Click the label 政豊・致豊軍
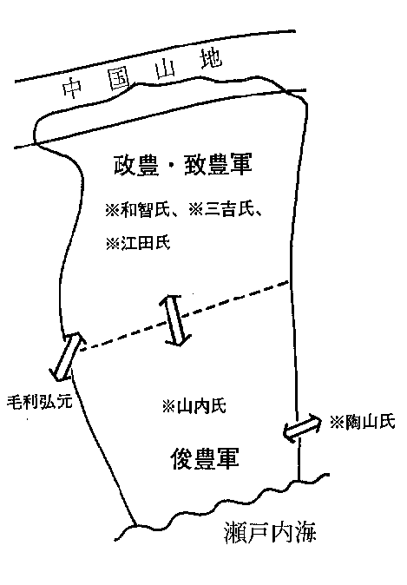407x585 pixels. (x=183, y=164)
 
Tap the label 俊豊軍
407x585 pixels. (x=205, y=458)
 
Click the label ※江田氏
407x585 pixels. (x=138, y=243)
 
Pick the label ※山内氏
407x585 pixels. (x=194, y=406)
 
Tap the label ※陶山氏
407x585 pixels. (x=362, y=422)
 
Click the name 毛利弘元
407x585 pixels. (x=39, y=402)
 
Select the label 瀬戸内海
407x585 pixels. (x=270, y=532)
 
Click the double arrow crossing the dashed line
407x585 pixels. (x=175, y=319)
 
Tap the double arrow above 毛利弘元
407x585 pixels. (x=67, y=357)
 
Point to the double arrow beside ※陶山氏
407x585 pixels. (x=302, y=428)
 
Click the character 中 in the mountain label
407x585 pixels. (x=72, y=88)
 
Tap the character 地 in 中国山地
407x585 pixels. (x=211, y=59)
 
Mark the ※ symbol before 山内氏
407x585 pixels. (x=169, y=406)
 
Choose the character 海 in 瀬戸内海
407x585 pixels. (x=305, y=532)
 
